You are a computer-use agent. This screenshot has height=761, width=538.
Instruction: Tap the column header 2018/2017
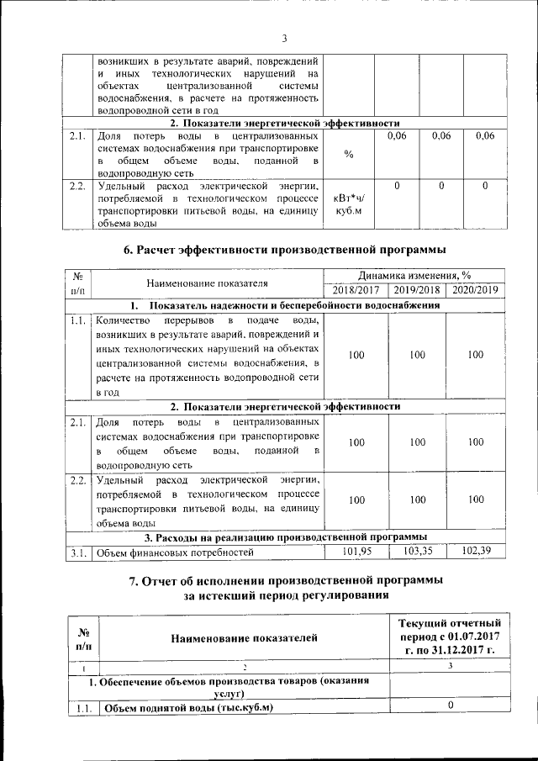356,290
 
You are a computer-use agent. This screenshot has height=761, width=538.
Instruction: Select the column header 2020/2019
476,290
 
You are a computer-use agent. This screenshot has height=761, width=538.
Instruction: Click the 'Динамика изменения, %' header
415,276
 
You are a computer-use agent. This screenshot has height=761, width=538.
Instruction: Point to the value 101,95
356,552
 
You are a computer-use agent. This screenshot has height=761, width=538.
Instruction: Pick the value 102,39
476,552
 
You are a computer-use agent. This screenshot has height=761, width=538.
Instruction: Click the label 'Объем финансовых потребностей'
176,552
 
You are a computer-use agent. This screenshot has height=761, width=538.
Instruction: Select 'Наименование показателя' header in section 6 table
207,283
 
